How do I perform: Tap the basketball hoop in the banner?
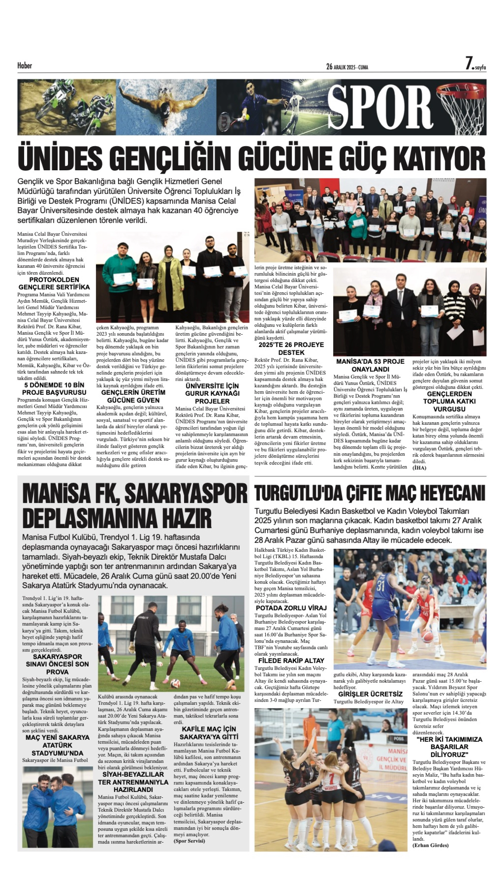462,104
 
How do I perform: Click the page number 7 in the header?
469,64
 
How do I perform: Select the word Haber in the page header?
25,66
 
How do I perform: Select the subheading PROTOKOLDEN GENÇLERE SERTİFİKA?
54,283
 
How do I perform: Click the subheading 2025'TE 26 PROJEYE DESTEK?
291,349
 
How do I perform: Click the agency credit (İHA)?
419,468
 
